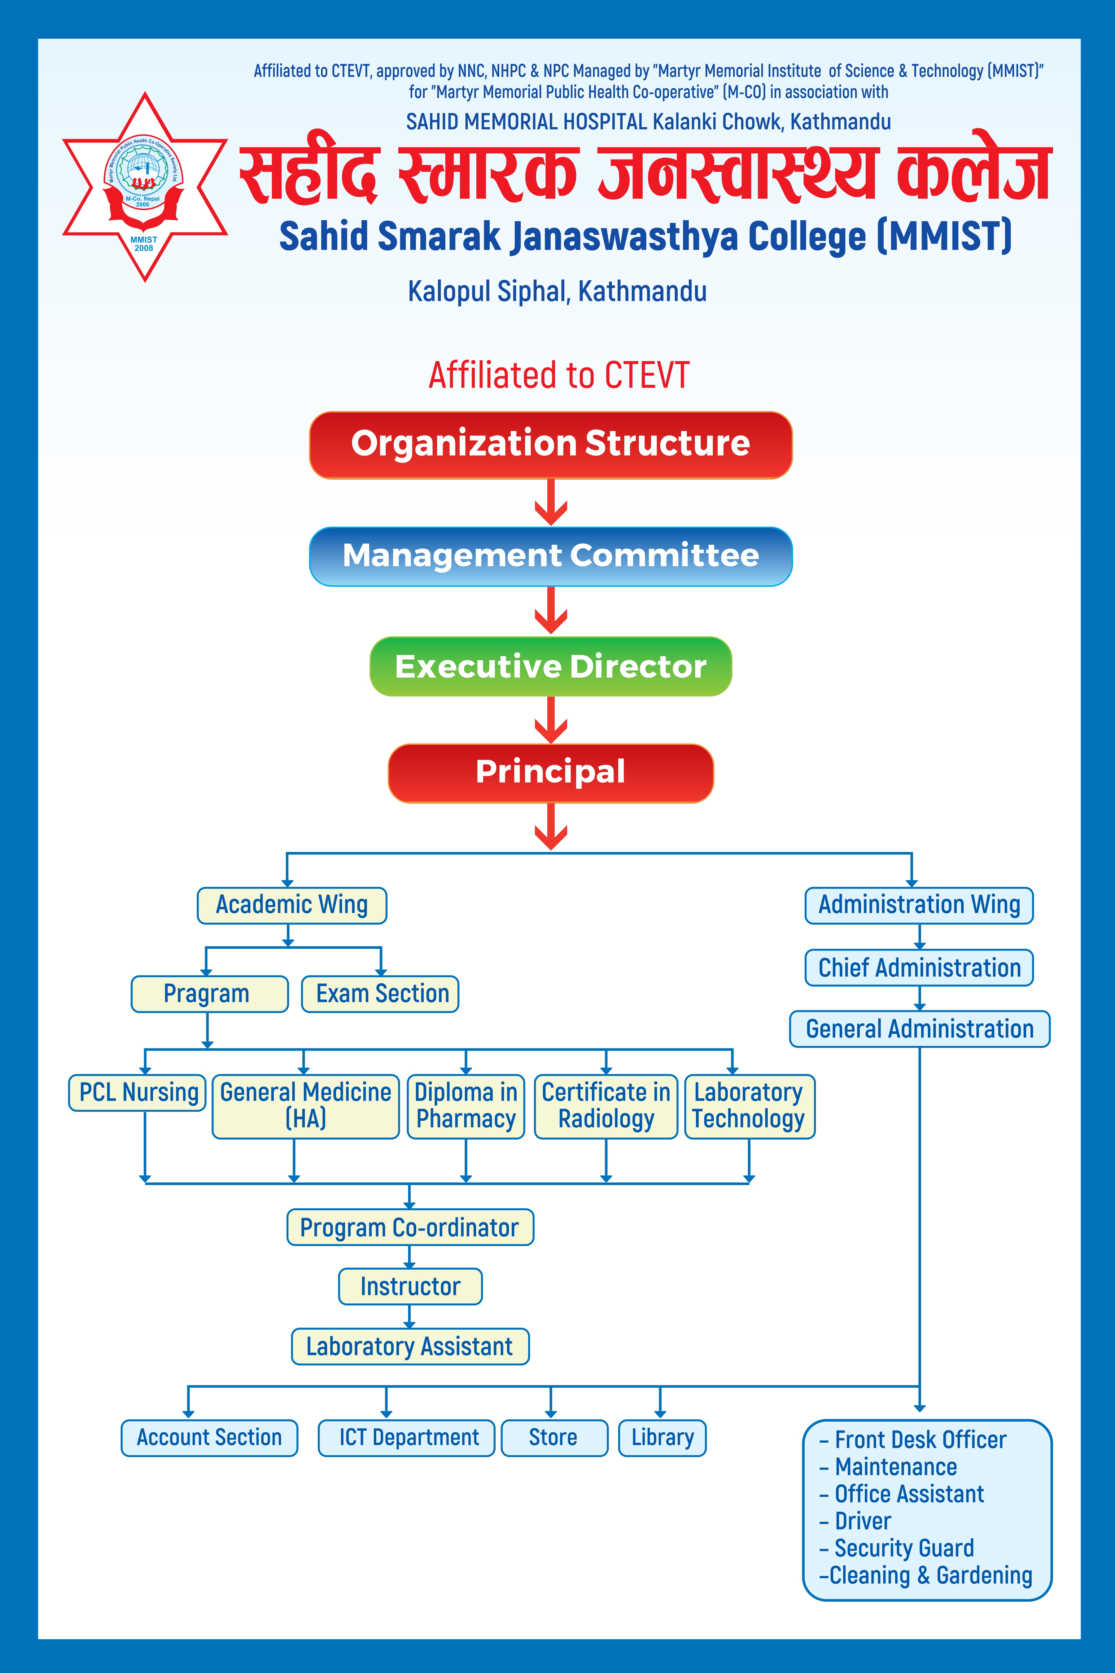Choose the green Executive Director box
pos(550,666)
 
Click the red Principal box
pos(550,772)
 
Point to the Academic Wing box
pos(291,905)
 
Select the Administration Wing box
pos(919,905)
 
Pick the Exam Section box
pos(380,994)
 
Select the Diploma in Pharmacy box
pos(466,1106)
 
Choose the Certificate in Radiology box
pos(606,1106)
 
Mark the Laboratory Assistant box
pos(409,1346)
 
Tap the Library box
pos(662,1438)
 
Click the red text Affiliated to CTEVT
pos(559,375)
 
